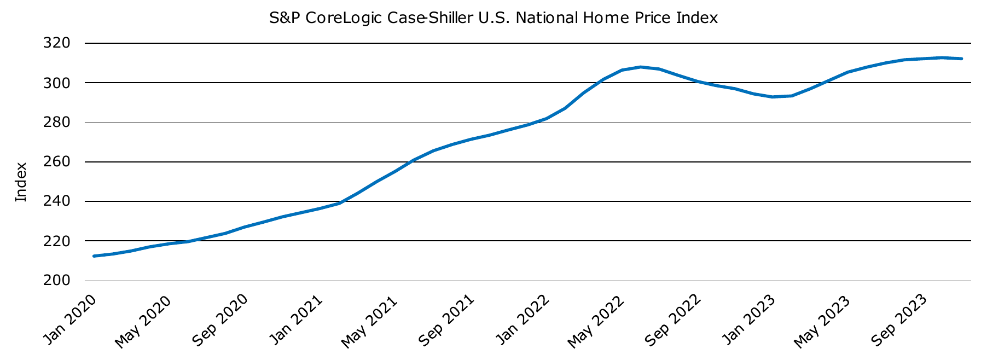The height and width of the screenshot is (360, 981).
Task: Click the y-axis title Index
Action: (x=21, y=182)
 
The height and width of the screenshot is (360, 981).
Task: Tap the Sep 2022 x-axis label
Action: (x=672, y=321)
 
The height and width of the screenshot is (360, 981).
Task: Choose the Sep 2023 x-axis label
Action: (x=898, y=321)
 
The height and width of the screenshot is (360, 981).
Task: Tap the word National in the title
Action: (x=547, y=18)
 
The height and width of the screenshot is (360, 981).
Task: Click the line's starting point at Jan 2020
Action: (x=95, y=256)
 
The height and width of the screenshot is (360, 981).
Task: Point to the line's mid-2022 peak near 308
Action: (x=641, y=67)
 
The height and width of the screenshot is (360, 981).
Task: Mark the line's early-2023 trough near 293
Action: (x=772, y=97)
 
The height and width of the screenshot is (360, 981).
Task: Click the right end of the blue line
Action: (x=961, y=59)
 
